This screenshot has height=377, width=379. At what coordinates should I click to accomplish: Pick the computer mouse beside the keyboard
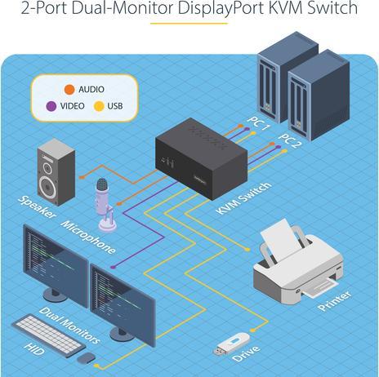85,357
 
